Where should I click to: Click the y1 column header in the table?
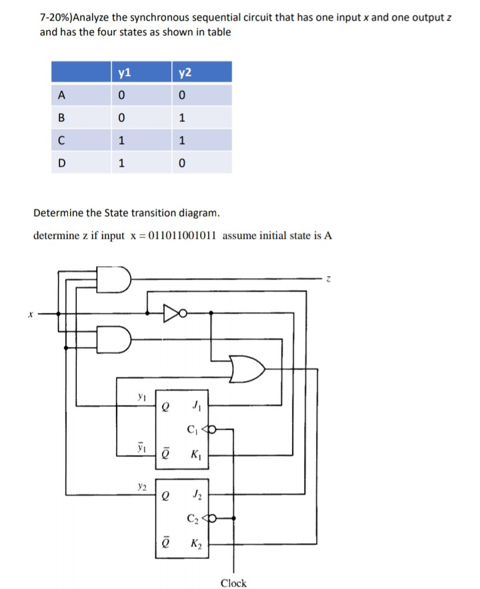click(125, 73)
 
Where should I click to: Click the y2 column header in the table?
click(185, 73)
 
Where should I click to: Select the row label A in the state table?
click(61, 95)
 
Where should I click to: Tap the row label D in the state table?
click(62, 163)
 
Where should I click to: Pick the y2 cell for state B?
click(182, 118)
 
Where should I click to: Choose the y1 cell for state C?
click(121, 141)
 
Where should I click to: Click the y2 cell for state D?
click(182, 163)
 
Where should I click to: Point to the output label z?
click(329, 279)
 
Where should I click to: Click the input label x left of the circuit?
click(31, 314)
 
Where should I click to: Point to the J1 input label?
click(197, 406)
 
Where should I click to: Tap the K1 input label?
click(196, 455)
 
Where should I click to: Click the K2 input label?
click(196, 544)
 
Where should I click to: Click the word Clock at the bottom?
click(233, 582)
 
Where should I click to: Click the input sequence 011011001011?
click(183, 235)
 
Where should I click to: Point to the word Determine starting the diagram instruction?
click(58, 213)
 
